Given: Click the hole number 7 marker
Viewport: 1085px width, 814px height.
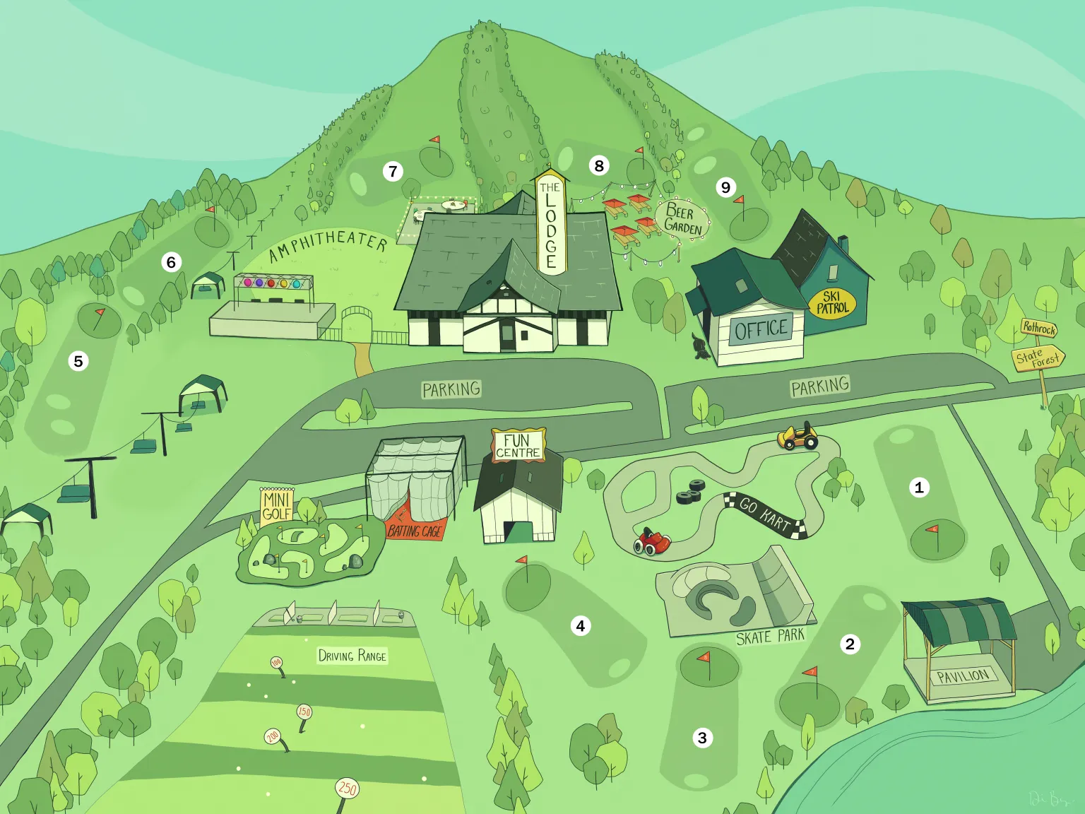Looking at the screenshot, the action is (x=393, y=171).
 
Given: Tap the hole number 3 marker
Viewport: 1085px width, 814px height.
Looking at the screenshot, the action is (x=702, y=738).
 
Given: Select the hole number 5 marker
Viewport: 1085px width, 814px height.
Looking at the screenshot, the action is (x=78, y=361).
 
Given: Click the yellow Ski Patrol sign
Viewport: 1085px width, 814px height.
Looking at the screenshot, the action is (x=832, y=303).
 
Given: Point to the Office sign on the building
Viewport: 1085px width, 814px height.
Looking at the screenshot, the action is (x=761, y=329).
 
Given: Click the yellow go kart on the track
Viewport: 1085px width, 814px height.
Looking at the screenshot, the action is (x=798, y=437).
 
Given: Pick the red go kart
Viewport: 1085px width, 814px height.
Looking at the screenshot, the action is (x=652, y=541).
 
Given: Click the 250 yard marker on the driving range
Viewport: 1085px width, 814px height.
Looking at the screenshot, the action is (x=347, y=788).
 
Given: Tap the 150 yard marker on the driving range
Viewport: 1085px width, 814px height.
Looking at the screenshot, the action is (x=304, y=712).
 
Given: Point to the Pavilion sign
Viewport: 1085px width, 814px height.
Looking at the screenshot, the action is (x=963, y=676).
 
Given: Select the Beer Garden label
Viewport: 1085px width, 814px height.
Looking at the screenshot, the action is (x=682, y=219).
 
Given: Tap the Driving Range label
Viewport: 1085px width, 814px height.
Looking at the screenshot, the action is (x=352, y=656).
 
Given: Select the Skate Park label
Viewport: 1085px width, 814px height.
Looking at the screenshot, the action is (x=770, y=637).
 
